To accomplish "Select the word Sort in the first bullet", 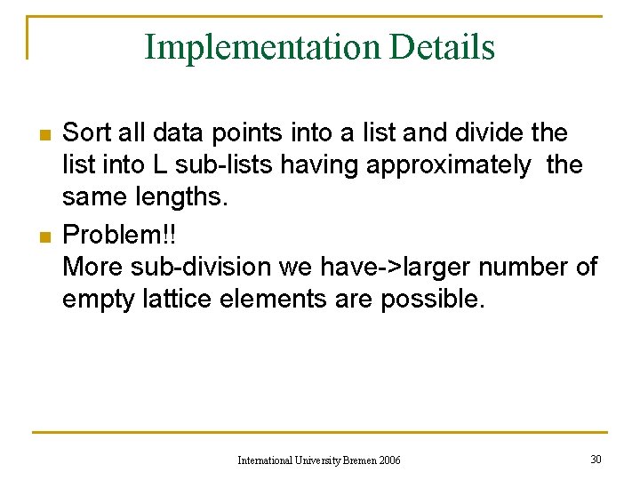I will pos(87,133).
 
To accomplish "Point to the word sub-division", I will pos(203,266).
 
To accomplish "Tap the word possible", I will pos(433,299).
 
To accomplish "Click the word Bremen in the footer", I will pos(357,460).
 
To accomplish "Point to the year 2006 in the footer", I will pos(389,460).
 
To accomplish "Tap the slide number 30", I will pos(595,459).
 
